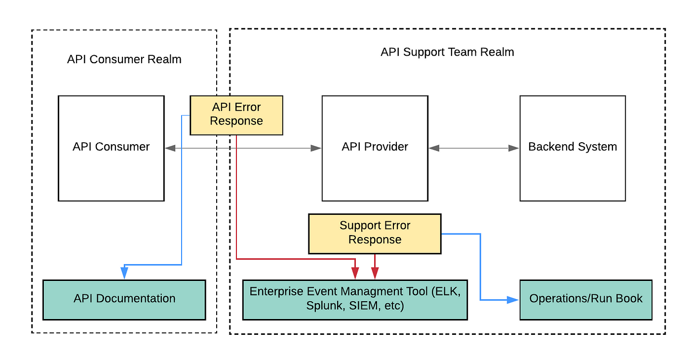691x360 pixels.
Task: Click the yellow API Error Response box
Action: coord(236,115)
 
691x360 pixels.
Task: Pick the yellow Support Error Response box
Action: coord(375,233)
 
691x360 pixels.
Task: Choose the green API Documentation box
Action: coord(124,299)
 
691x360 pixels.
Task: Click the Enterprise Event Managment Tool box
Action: coord(355,299)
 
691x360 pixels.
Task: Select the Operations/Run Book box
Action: coord(586,299)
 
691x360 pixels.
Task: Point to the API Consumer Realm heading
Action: coord(124,60)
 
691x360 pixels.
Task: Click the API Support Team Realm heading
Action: coord(447,52)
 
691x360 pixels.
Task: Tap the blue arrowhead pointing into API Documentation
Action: coord(124,273)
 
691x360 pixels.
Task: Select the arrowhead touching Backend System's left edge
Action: coord(514,148)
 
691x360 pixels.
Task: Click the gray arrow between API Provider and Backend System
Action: coord(474,148)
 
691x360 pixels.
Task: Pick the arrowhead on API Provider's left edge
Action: coord(316,148)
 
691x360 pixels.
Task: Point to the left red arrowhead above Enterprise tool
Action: coord(355,273)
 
